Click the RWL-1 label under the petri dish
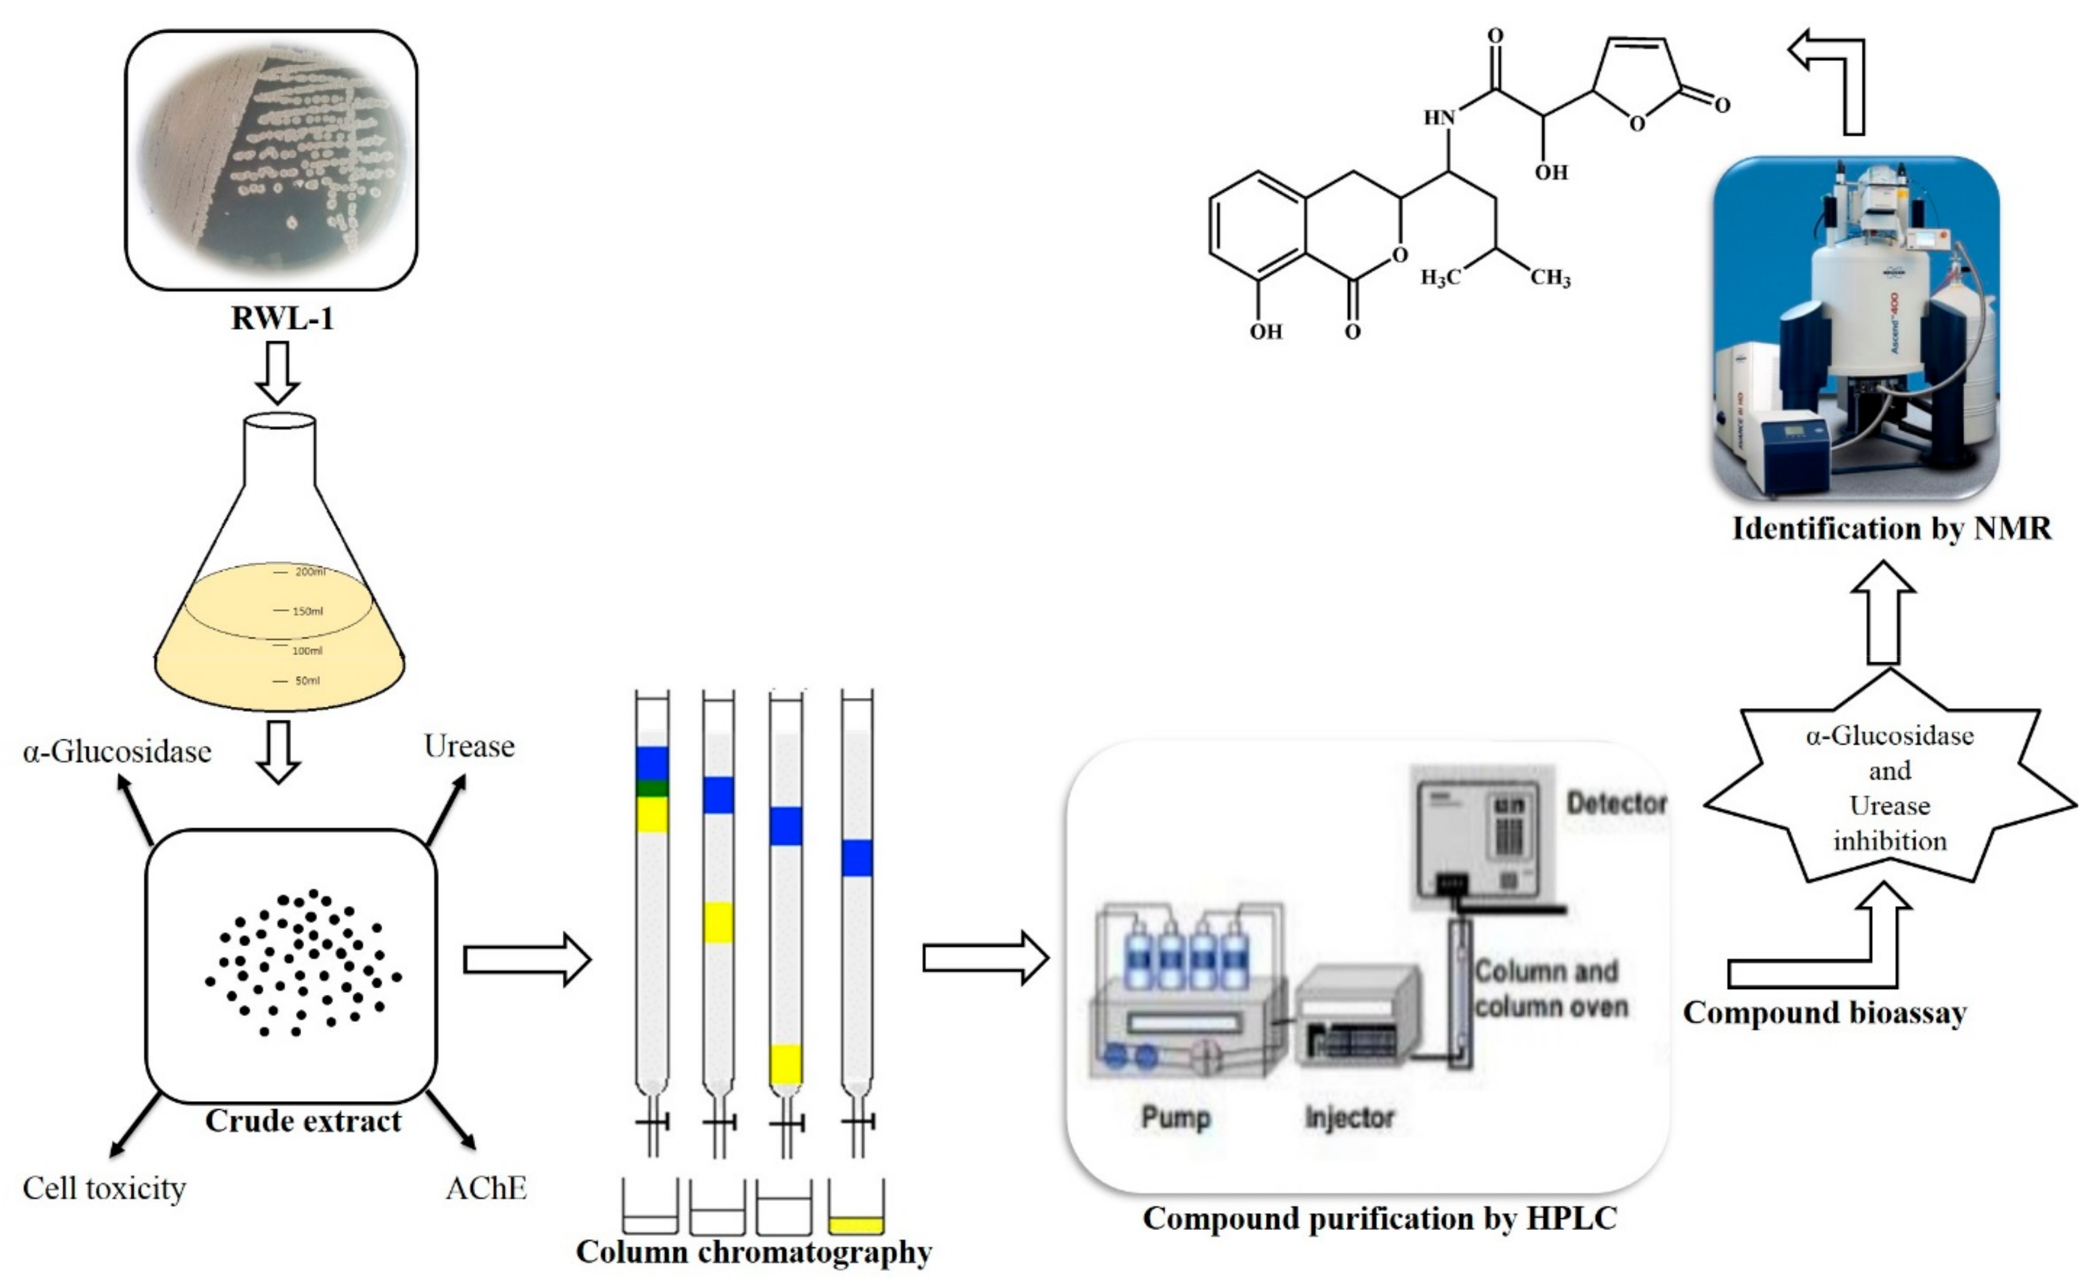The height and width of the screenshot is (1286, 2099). (282, 319)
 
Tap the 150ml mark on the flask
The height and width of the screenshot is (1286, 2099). (306, 611)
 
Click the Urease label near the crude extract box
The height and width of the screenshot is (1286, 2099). (469, 746)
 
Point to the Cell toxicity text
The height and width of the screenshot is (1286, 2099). (104, 1188)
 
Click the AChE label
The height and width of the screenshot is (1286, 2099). (486, 1188)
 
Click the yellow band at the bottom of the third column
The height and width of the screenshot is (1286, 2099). (786, 1064)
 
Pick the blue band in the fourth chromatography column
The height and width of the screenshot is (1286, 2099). (857, 858)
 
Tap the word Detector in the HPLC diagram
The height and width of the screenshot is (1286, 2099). (1616, 803)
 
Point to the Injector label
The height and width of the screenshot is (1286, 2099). (1350, 1117)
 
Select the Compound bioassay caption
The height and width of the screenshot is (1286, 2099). (1825, 1012)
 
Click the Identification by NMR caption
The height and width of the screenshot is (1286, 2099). (1892, 529)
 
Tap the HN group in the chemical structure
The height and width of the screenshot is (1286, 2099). (1439, 117)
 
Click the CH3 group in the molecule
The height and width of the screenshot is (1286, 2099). (1550, 278)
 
